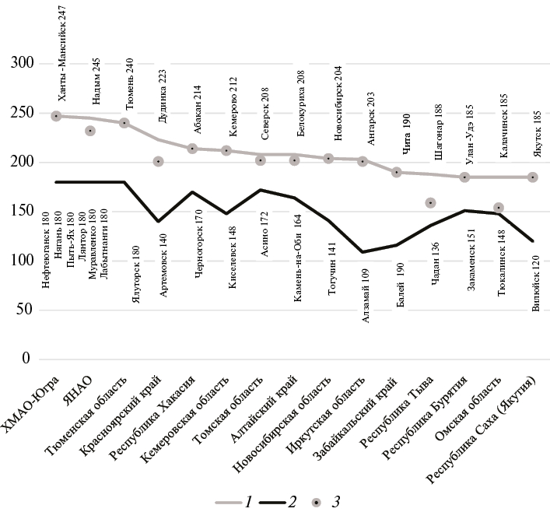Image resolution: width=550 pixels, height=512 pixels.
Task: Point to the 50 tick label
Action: (26, 310)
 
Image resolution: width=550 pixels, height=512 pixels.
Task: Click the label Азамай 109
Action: (366, 305)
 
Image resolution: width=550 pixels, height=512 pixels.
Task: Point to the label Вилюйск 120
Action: (535, 289)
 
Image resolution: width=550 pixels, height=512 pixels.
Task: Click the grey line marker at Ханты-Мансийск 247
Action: (57, 116)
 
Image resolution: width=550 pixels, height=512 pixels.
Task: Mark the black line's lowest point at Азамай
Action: (363, 252)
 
